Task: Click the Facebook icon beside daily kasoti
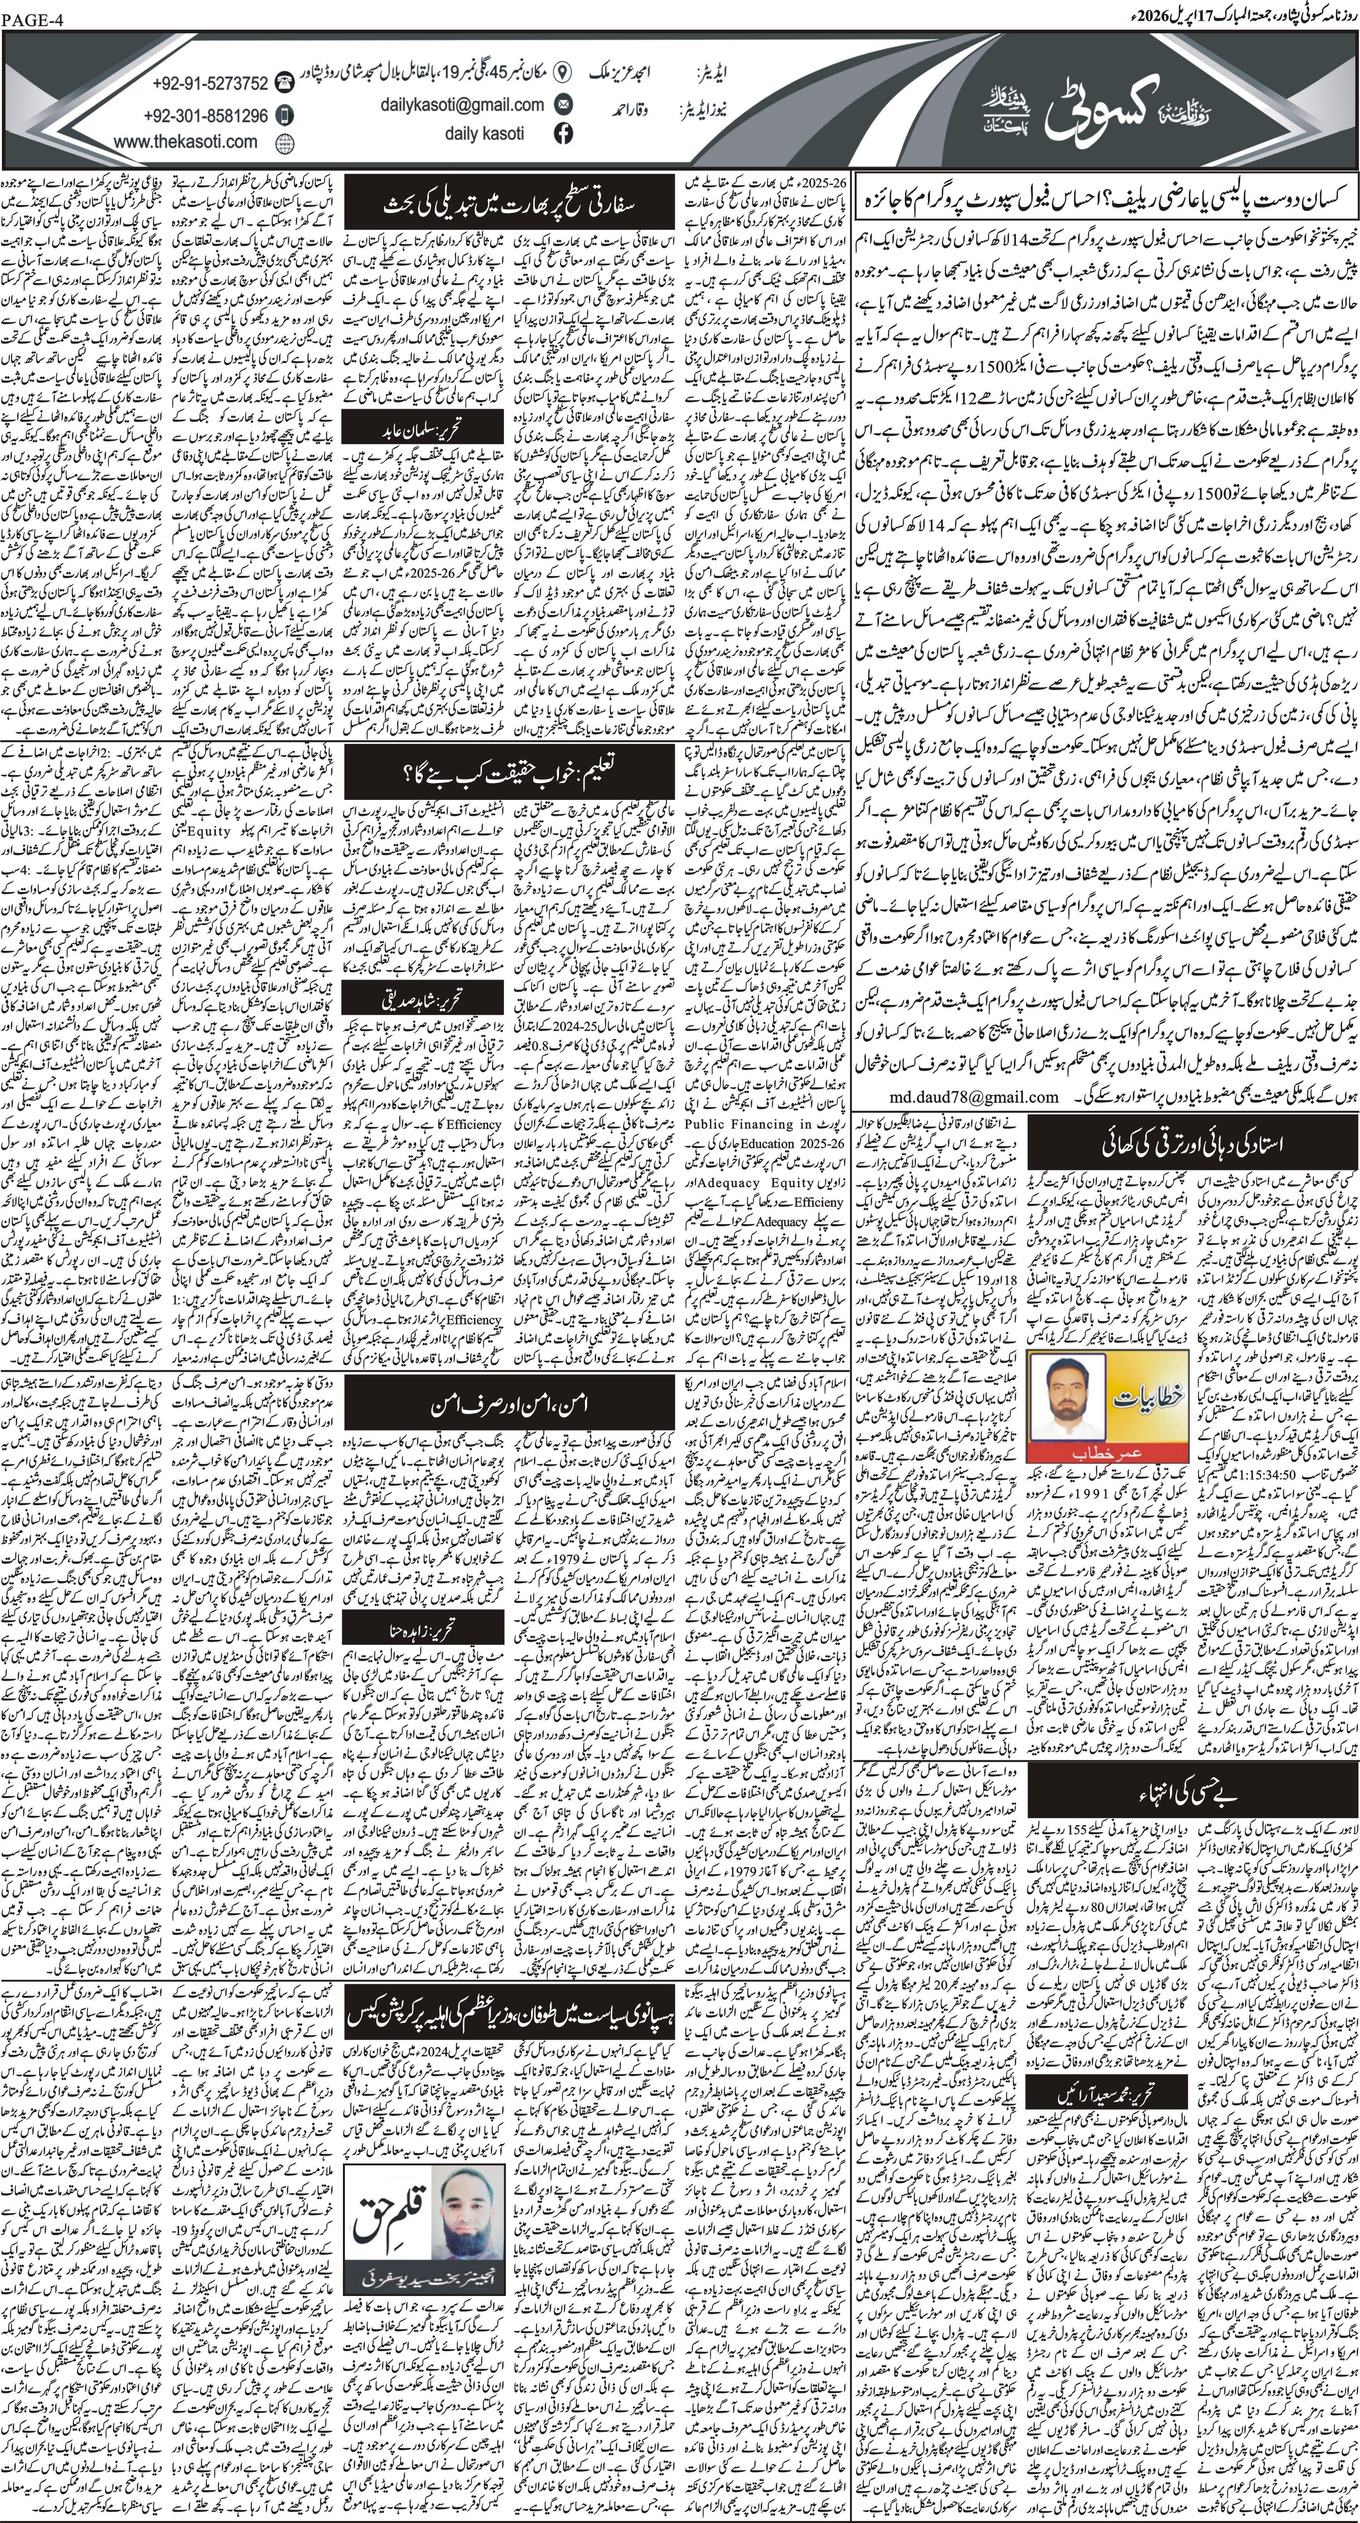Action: pyautogui.click(x=563, y=134)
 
